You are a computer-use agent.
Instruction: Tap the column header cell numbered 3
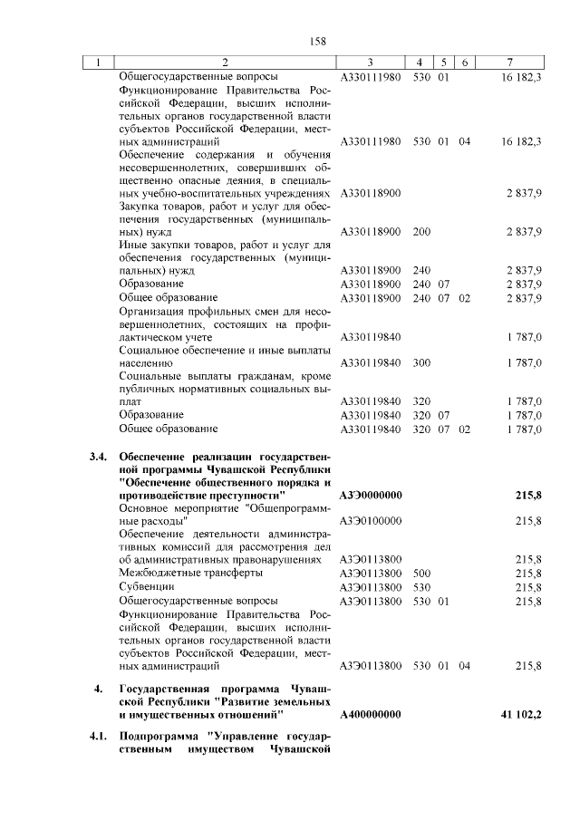(371, 62)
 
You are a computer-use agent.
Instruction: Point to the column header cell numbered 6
(463, 62)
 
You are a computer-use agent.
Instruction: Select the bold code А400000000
(371, 715)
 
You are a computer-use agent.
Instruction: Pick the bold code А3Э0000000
(371, 496)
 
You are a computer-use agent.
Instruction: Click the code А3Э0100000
(371, 521)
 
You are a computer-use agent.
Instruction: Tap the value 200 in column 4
(421, 232)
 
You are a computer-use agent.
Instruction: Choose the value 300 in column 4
(421, 362)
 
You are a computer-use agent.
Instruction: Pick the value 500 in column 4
(421, 574)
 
